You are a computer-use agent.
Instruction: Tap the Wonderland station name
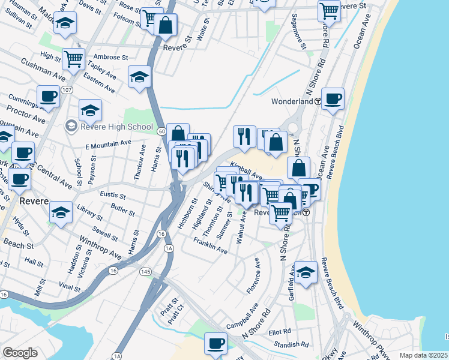tap(292, 101)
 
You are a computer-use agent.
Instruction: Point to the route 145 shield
tap(145, 272)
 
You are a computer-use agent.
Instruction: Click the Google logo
tap(20, 353)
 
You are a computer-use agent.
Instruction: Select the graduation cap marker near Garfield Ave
tap(306, 272)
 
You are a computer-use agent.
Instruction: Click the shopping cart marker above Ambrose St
tap(73, 58)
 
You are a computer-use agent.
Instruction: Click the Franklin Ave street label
tap(210, 245)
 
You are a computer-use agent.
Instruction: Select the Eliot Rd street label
tap(280, 331)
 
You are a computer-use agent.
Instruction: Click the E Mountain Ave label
tap(108, 144)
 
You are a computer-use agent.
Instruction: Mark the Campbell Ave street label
tap(243, 317)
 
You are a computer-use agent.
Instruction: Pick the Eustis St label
tap(113, 196)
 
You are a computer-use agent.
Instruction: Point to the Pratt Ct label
tap(175, 313)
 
